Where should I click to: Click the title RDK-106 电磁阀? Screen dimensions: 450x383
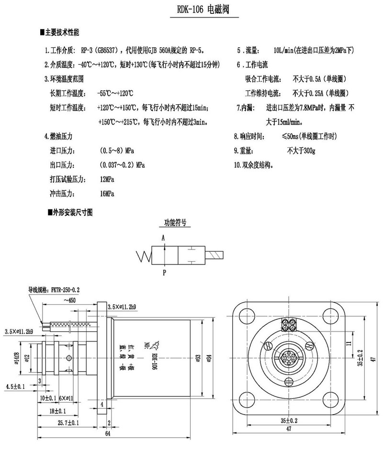pos(204,10)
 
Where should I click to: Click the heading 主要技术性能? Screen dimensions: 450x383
pos(62,33)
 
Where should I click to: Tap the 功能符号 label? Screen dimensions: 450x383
pos(174,222)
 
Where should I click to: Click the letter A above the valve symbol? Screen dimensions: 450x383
pos(163,238)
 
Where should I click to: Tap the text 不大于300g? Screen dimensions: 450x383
pos(301,151)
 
